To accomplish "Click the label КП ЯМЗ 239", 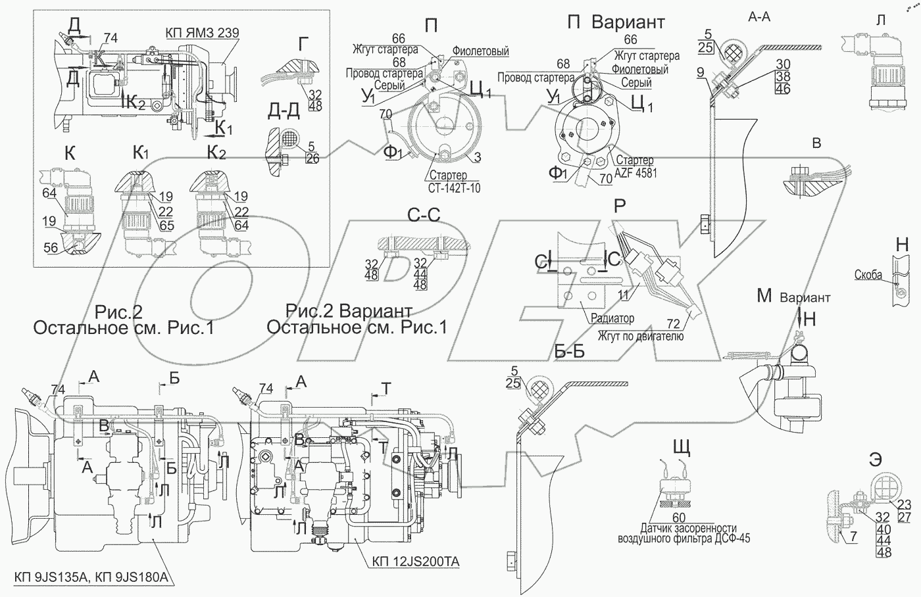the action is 203,32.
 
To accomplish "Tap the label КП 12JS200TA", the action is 416,561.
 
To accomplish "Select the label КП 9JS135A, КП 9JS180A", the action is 91,577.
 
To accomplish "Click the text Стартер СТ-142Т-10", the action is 454,181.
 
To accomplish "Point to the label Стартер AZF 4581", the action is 635,167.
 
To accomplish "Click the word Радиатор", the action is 612,318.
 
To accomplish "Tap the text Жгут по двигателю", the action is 641,336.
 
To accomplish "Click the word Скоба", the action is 868,274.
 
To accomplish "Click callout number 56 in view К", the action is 51,247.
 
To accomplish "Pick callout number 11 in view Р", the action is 624,295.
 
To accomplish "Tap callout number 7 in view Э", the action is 854,536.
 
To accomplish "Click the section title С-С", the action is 424,215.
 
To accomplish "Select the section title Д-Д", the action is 284,110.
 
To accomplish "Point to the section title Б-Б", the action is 570,351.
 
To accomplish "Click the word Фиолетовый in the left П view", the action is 481,51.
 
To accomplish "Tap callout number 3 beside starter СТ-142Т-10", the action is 477,157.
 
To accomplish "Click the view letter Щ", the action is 682,448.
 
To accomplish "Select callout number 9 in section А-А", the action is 701,72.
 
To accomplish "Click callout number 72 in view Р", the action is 673,323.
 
